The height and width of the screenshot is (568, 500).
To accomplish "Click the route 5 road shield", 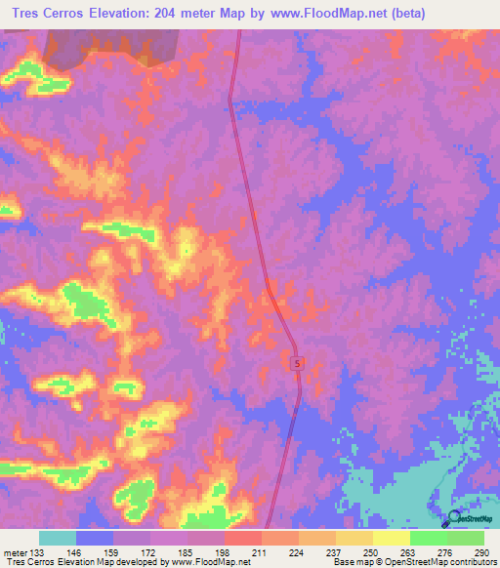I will coord(298,363).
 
